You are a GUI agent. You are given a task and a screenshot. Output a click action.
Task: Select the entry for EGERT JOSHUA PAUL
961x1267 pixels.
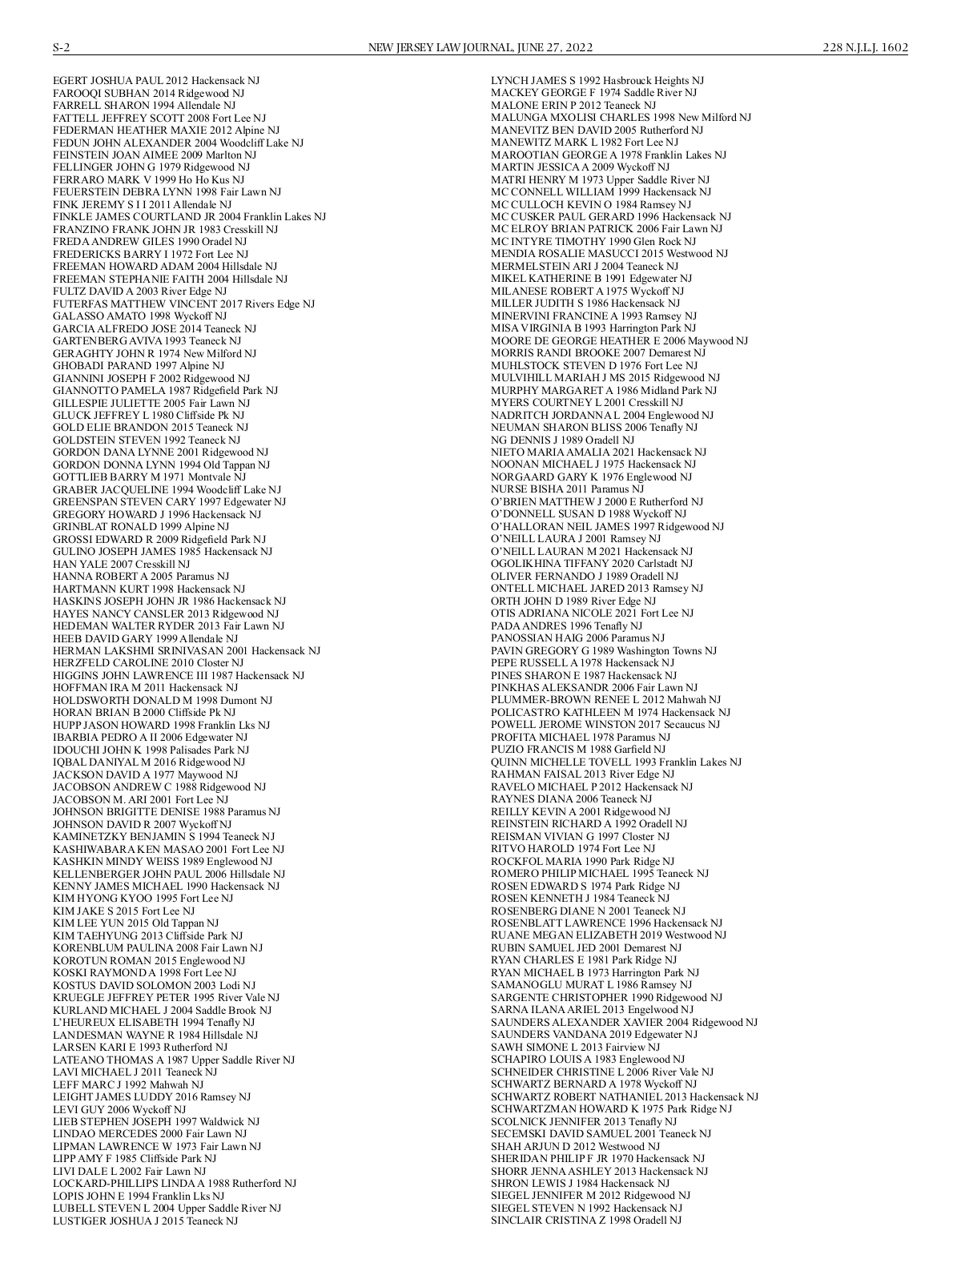coord(156,81)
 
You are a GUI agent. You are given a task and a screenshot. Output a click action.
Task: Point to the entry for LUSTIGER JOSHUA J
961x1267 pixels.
coord(145,1221)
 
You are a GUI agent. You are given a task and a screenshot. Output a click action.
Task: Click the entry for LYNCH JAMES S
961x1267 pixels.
coord(597,81)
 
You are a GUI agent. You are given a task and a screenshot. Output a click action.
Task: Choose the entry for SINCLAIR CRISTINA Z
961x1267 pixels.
coord(586,1220)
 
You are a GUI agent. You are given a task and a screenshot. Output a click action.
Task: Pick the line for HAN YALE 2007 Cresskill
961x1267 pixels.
coord(121,564)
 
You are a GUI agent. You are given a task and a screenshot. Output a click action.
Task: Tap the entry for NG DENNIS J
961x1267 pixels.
coord(562,440)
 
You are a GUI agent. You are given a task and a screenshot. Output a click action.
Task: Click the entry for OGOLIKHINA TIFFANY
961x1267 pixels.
coord(592,564)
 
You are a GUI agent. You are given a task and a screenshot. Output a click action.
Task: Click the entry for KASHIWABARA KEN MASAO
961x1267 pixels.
coord(168,849)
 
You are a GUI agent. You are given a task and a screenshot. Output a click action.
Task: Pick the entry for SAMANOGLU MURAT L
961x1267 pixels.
coord(591,984)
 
